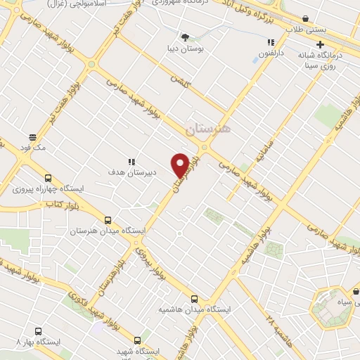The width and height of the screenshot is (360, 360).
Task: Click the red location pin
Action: tap(181, 165)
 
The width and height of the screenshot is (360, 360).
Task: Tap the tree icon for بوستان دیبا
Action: tap(185, 37)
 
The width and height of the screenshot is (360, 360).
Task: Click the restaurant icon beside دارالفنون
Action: tap(271, 42)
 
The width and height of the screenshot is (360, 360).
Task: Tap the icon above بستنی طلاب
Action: tap(305, 19)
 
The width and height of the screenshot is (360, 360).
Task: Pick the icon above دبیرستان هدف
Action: tap(130, 160)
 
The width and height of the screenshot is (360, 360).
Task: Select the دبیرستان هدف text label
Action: tap(131, 172)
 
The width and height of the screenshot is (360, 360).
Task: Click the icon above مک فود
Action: tap(32, 136)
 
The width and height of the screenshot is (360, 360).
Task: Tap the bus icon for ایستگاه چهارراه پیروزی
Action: tap(48, 179)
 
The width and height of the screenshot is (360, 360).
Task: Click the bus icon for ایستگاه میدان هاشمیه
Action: tap(194, 298)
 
